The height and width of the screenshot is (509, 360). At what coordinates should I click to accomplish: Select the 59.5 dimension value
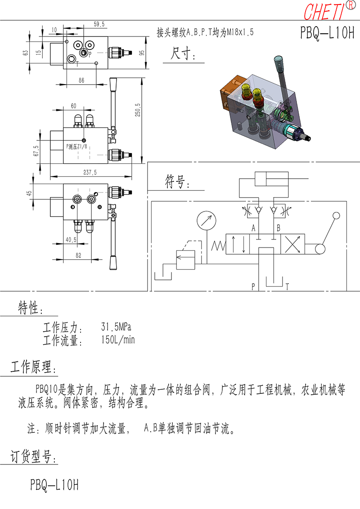coord(99,24)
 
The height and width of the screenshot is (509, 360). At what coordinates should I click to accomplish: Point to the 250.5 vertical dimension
coord(138,110)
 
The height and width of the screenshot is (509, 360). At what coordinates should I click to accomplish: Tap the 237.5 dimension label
coord(90,172)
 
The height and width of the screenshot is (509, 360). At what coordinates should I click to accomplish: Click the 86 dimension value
coord(81,80)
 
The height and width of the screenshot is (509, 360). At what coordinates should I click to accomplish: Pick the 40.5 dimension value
coord(71,239)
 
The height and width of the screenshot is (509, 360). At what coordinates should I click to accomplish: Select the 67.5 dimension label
coord(36,151)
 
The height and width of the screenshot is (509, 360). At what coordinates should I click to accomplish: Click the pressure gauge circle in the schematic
coord(207,221)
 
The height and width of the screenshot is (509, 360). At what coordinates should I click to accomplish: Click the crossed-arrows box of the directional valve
coord(292,244)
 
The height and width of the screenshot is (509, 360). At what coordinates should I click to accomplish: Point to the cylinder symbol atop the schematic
coord(272,179)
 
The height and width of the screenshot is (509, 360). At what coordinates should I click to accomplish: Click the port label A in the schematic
coord(253,228)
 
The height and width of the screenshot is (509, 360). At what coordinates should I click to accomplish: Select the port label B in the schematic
coord(278,228)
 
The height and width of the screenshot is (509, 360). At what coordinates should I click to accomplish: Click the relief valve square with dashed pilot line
coord(186,260)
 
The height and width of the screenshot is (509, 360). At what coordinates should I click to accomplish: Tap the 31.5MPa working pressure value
coord(116,327)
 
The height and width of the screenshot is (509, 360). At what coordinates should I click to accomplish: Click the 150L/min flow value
coord(117,340)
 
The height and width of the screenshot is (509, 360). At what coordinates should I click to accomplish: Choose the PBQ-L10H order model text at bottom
coord(54,485)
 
